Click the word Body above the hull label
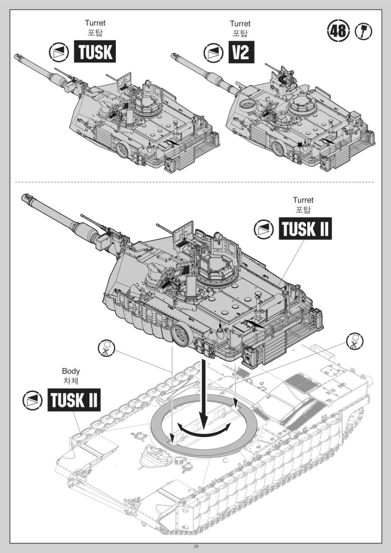[x=71, y=371]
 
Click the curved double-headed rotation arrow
[x=205, y=431]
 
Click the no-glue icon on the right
[x=355, y=342]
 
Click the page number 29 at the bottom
[x=196, y=547]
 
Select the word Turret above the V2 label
[x=240, y=23]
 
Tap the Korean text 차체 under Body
[x=71, y=381]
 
